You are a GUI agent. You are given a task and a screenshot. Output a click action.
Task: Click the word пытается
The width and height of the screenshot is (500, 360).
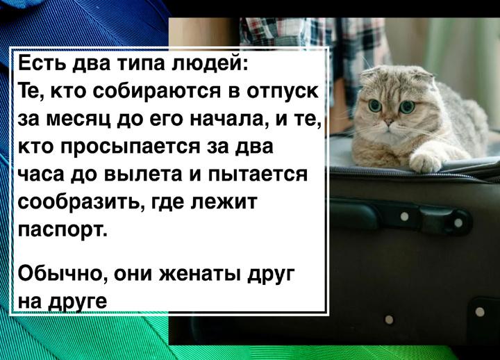[x=258, y=175]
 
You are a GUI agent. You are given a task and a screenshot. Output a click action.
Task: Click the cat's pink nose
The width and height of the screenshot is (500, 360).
[x=388, y=122]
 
